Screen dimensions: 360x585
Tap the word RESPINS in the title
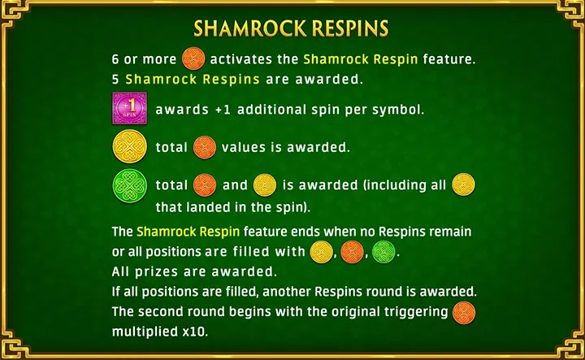coord(342,29)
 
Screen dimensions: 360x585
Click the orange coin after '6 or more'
coord(194,59)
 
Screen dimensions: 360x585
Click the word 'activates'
coord(253,59)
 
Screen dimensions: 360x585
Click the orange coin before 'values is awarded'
coord(204,147)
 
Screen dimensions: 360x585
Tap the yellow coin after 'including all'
coord(463,185)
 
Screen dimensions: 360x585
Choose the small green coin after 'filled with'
coord(383,251)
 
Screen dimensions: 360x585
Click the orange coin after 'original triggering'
coord(463,312)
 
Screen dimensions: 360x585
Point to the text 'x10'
coord(198,332)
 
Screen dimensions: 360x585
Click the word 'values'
coord(245,148)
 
